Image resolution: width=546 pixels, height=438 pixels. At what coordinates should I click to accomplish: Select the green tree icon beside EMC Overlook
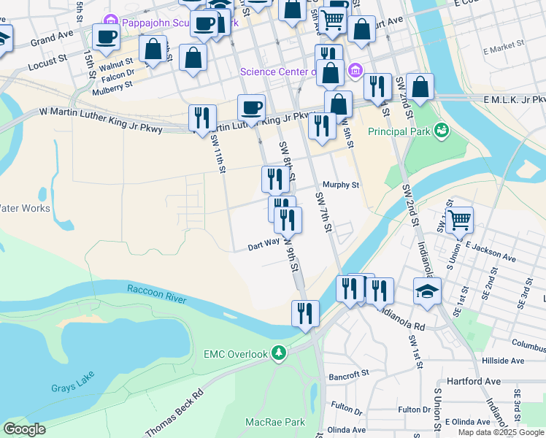coord(278,354)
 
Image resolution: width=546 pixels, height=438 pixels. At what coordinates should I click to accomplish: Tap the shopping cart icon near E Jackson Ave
coord(459,218)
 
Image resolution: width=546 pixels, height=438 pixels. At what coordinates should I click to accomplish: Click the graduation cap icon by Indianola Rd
coord(427,291)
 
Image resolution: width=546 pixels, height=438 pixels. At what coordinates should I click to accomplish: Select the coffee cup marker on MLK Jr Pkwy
coord(251,108)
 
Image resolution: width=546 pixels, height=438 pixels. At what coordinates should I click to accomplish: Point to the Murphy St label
coord(342,185)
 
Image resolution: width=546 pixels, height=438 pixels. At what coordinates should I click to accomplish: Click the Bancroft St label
coord(349,374)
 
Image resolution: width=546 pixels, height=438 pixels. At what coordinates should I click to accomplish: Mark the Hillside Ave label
coord(507,361)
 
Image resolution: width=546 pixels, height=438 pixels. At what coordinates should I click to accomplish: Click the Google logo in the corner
coord(24,429)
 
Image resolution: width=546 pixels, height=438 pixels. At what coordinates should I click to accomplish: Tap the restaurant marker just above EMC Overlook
coord(305,313)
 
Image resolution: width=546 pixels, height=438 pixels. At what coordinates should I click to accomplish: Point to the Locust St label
coord(47,55)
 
